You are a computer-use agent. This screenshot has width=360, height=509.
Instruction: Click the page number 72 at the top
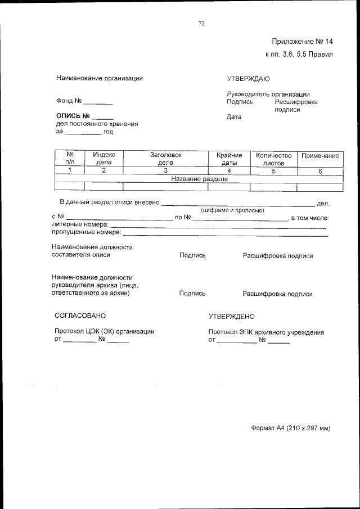(201, 23)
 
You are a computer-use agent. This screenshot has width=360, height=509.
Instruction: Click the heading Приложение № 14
(302, 41)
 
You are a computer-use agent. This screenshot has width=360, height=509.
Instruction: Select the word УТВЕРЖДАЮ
(248, 78)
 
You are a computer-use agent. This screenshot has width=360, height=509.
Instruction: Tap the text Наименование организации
(99, 78)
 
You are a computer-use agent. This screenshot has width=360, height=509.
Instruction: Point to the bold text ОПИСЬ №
(73, 116)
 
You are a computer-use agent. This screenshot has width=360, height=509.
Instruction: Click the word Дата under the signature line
(233, 117)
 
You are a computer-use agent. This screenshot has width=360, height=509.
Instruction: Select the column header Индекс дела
(104, 159)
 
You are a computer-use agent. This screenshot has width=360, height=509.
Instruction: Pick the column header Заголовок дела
(165, 159)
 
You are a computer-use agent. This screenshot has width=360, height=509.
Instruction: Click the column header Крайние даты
(229, 159)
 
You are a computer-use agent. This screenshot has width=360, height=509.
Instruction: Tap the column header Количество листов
(273, 159)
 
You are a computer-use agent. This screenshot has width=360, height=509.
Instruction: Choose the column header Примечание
(319, 156)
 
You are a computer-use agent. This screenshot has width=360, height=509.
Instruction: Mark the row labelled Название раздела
(199, 179)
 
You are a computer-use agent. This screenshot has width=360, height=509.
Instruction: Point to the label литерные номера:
(80, 224)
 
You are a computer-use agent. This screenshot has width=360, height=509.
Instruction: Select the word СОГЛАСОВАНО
(80, 316)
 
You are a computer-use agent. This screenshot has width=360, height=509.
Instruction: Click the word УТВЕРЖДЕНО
(231, 317)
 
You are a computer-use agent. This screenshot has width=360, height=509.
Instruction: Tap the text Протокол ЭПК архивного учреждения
(266, 332)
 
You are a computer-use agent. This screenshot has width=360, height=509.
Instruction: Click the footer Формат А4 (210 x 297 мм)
(290, 428)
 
